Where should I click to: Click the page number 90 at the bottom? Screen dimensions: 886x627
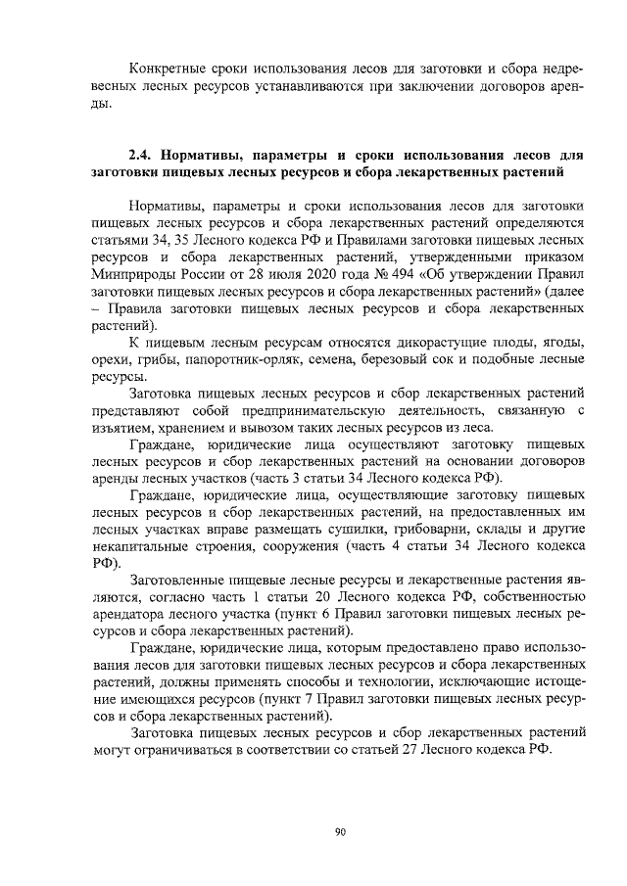(x=340, y=833)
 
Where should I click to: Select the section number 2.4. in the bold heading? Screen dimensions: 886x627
(x=145, y=155)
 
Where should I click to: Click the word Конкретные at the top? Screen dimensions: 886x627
(x=166, y=69)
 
